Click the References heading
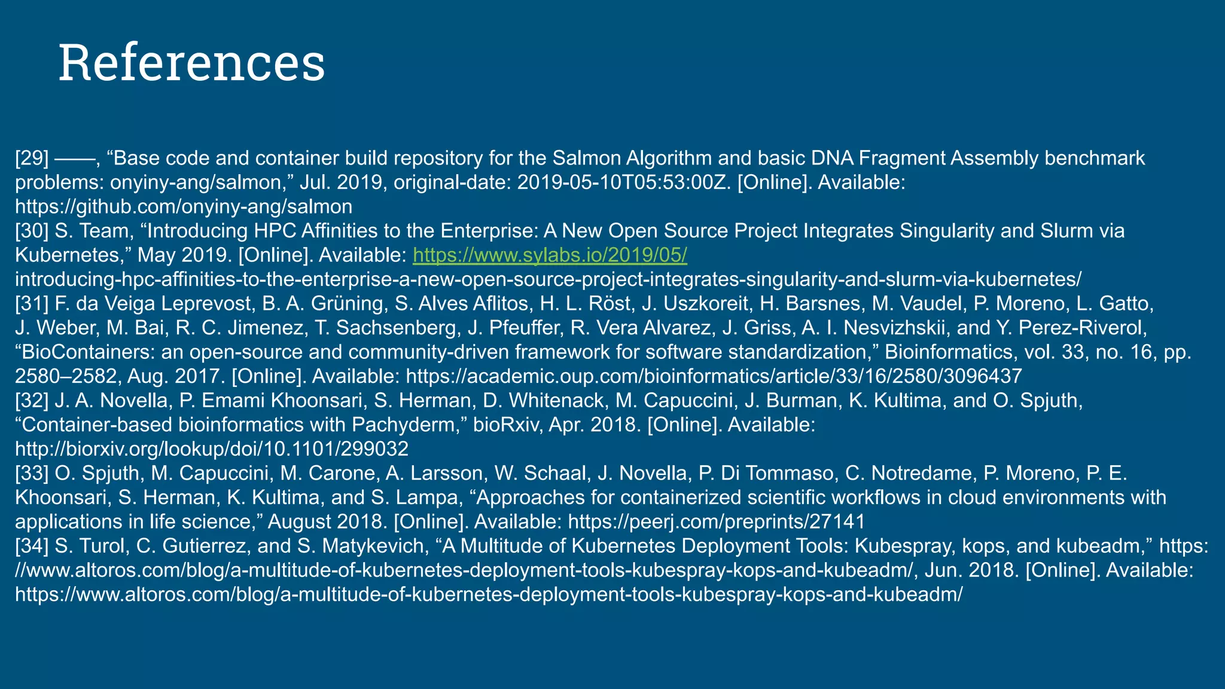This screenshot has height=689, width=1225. click(x=191, y=63)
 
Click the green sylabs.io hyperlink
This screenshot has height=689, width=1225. click(x=550, y=255)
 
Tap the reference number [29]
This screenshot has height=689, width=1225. click(x=32, y=158)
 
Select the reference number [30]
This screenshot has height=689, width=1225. click(x=32, y=231)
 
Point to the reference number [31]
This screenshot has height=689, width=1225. click(x=32, y=304)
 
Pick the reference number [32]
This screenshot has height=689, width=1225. click(x=32, y=401)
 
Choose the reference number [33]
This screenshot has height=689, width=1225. click(x=32, y=474)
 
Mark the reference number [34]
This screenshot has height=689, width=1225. click(x=32, y=546)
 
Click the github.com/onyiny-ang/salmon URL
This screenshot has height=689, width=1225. click(x=184, y=207)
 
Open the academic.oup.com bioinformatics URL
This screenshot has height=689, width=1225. click(x=714, y=377)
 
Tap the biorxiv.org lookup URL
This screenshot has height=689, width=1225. click(x=212, y=449)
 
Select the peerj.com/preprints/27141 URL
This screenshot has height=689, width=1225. click(x=716, y=522)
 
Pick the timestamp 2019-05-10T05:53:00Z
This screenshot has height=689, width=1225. click(x=624, y=183)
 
